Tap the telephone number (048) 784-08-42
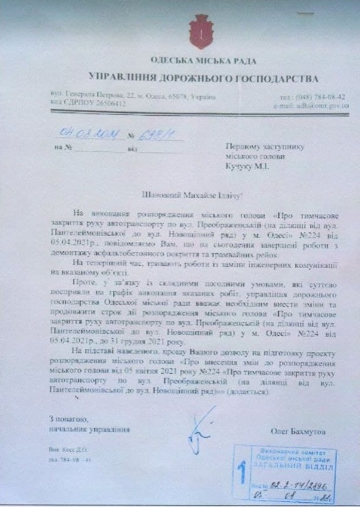(321, 96)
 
